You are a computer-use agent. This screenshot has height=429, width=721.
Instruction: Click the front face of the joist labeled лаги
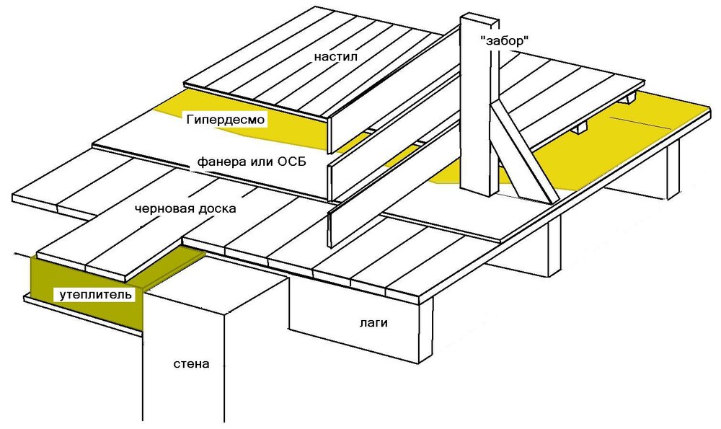[x=353, y=317]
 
